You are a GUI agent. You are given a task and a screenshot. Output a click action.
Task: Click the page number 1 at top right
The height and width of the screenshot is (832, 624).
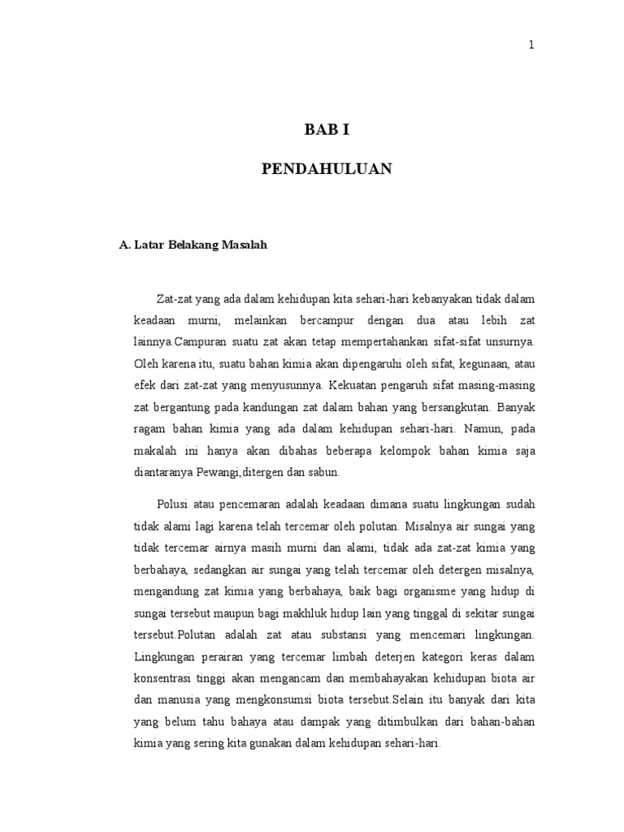coord(531,45)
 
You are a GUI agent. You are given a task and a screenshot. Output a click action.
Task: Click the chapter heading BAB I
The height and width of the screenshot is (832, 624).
coord(326,130)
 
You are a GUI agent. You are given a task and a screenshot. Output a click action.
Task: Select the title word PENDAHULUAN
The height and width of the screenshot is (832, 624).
coord(327,169)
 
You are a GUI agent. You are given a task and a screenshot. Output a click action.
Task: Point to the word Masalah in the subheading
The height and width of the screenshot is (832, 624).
coord(240,245)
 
